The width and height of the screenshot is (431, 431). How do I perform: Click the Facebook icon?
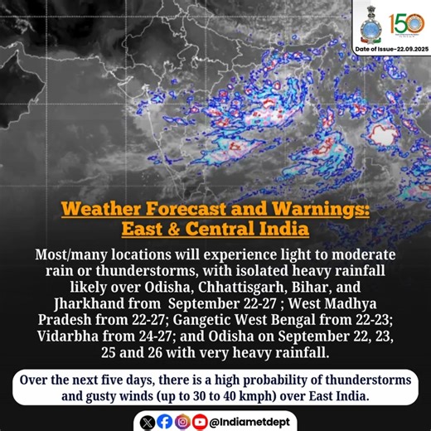click(x=165, y=421)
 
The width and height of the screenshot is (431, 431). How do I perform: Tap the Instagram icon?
click(x=182, y=421)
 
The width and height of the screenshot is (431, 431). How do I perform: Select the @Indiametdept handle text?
click(x=249, y=421)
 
